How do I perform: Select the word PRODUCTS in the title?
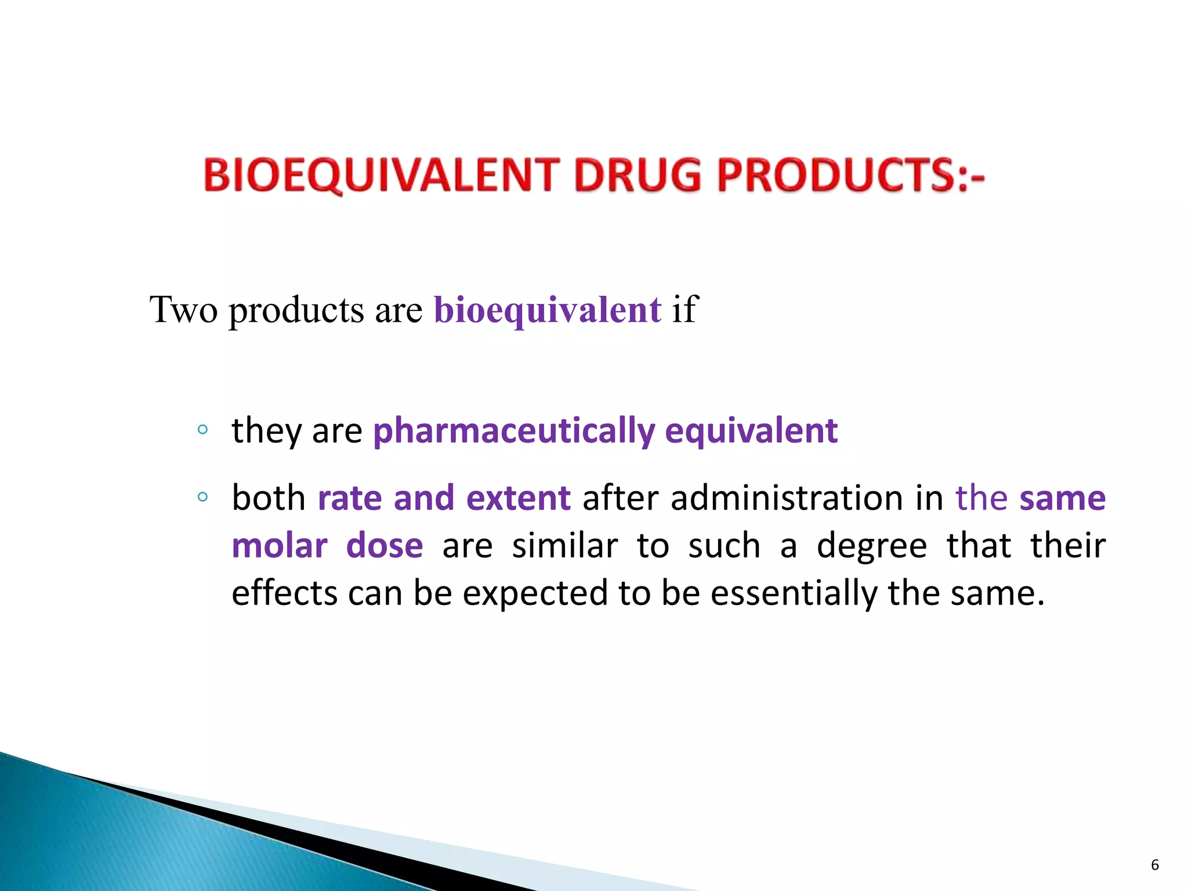tap(835, 176)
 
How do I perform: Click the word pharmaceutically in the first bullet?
tap(514, 431)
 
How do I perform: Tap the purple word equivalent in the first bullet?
tap(751, 431)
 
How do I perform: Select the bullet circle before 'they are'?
tap(202, 430)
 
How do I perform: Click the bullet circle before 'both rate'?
tap(202, 497)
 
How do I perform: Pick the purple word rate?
tap(350, 498)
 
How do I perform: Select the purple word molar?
tap(280, 546)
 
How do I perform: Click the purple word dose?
tap(384, 546)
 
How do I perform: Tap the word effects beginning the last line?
tap(284, 593)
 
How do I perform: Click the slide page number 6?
tap(1154, 865)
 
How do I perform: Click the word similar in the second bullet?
tap(564, 546)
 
